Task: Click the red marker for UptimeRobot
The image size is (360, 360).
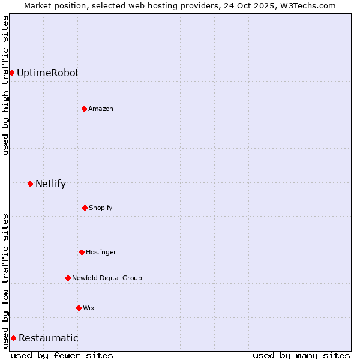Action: [x=11, y=73]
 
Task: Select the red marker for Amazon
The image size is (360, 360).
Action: [x=84, y=109]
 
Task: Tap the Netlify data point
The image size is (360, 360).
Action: [x=30, y=184]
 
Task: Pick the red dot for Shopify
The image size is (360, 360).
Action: [x=85, y=208]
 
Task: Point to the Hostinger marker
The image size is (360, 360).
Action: [x=82, y=252]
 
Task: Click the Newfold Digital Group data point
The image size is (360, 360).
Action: [x=68, y=278]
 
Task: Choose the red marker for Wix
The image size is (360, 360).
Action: [x=79, y=308]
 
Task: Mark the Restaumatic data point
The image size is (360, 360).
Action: [x=13, y=338]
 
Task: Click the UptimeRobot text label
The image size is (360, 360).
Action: [x=47, y=73]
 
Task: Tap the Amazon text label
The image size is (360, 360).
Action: [x=101, y=109]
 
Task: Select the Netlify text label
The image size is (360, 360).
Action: [x=50, y=184]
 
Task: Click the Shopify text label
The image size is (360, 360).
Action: [x=101, y=208]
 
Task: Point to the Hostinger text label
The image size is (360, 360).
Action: [x=101, y=252]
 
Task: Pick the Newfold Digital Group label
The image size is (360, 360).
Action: [x=107, y=278]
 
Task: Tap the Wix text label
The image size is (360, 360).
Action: [x=89, y=308]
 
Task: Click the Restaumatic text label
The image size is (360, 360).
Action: [x=48, y=338]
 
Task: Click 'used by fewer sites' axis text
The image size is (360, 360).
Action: [x=62, y=355]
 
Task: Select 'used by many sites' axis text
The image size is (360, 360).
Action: [x=301, y=355]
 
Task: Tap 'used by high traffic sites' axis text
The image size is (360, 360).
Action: [x=5, y=85]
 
